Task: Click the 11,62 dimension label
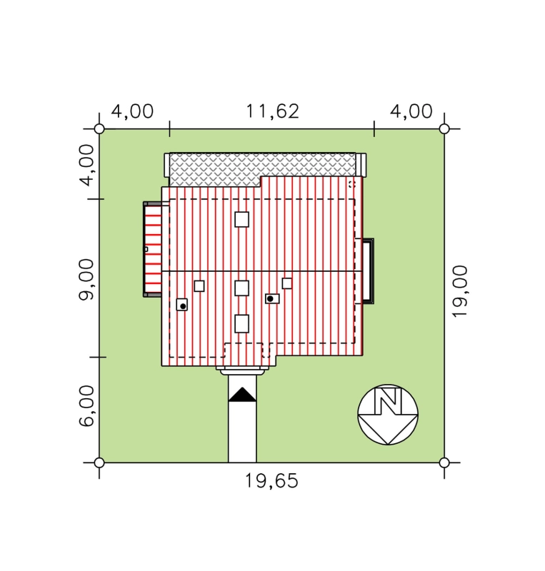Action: [272, 111]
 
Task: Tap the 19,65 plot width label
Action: [271, 480]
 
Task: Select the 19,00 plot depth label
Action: [459, 291]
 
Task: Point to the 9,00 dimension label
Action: [86, 279]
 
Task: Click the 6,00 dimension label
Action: [86, 406]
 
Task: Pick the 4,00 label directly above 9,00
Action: [86, 165]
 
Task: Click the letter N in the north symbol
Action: [388, 401]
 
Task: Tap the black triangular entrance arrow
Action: [242, 395]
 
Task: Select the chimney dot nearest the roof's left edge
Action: [183, 306]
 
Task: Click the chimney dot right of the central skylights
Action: [270, 298]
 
